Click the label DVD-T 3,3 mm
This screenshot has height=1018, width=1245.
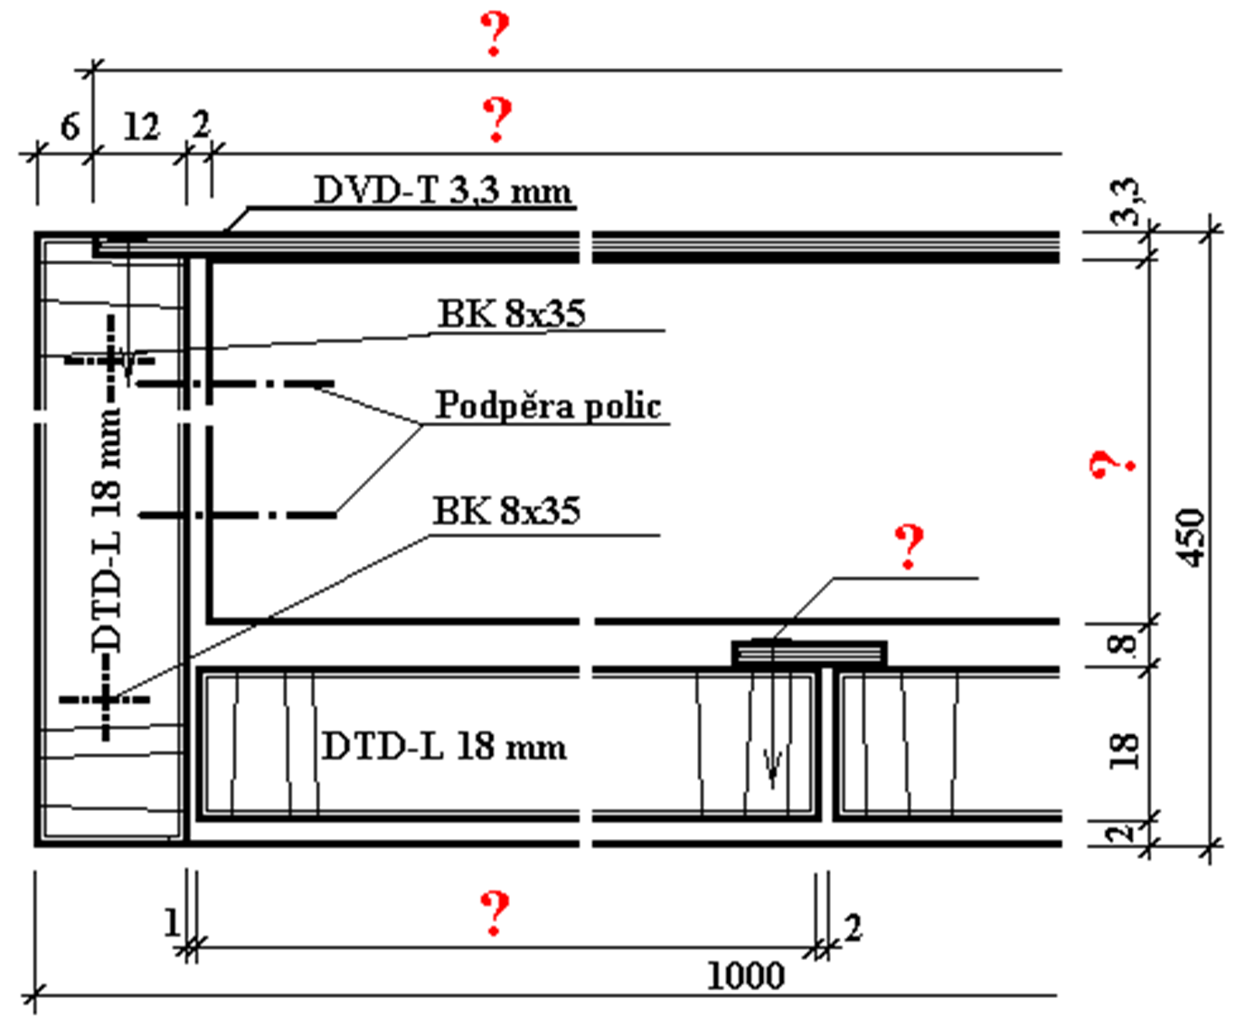coord(442,191)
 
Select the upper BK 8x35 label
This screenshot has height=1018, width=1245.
coord(512,313)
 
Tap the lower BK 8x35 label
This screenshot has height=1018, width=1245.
coord(506,511)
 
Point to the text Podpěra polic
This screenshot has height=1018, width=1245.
coord(548,405)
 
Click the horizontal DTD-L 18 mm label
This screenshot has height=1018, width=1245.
coord(444,747)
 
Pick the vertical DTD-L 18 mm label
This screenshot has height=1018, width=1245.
coord(108,530)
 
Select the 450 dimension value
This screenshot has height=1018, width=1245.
coord(1194,538)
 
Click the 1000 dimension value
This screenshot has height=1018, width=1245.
coord(745,976)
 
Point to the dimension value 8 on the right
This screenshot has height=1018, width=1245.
coord(1122,644)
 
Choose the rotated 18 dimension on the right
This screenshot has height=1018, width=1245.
coord(1122,749)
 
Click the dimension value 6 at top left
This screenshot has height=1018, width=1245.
coord(70,127)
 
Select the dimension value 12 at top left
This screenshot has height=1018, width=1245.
coord(140,127)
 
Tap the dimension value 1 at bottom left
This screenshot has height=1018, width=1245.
coord(171,923)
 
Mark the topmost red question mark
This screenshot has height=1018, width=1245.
coord(495,35)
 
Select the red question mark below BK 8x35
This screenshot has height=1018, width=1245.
coord(909,546)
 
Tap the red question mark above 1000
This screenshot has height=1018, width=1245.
coord(495,912)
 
